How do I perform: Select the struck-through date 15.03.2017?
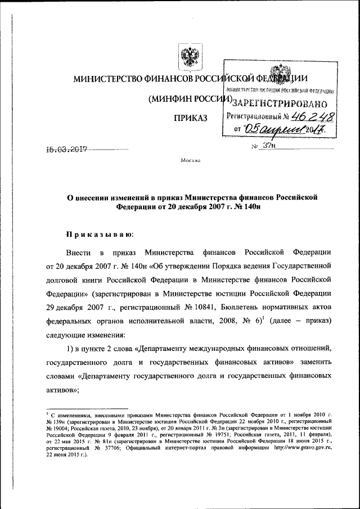pyautogui.click(x=68, y=150)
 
